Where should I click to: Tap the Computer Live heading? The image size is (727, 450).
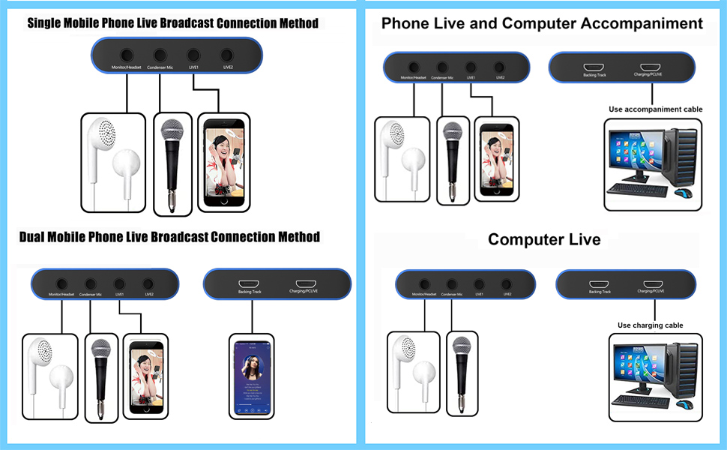[544, 240]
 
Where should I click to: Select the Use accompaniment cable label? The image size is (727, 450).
[655, 109]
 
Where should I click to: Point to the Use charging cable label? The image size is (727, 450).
[650, 325]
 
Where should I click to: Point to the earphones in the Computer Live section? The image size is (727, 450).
[413, 368]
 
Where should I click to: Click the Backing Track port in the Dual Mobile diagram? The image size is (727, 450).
[250, 281]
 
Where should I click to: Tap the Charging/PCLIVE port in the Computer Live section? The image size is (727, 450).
[650, 282]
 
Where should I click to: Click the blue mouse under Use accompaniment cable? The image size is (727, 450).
[684, 193]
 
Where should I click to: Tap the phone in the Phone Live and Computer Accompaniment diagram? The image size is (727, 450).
[495, 158]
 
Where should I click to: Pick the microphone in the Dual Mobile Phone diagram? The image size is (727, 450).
[100, 375]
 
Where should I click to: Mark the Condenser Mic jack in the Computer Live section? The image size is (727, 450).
[452, 284]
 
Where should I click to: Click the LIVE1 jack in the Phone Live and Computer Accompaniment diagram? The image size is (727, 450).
[471, 67]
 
